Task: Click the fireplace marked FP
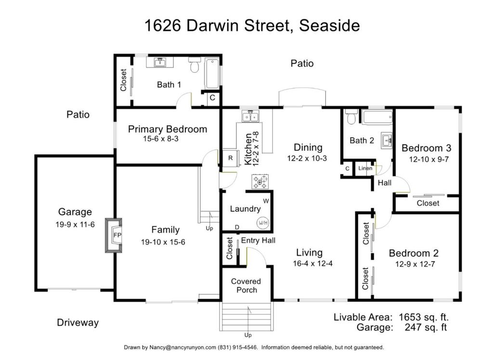[x=114, y=235]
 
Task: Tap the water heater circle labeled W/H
[x=263, y=223]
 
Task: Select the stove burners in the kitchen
[x=260, y=181]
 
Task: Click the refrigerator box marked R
[x=231, y=158]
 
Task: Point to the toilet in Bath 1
[x=195, y=65]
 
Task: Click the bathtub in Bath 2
[x=377, y=118]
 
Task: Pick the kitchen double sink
[x=250, y=117]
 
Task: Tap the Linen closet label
[x=365, y=168]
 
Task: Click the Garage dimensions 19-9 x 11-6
[x=75, y=225]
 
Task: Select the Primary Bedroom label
[x=168, y=129]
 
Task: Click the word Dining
[x=308, y=147]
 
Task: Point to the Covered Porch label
[x=246, y=286]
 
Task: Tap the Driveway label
[x=78, y=322]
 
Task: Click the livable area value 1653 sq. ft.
[x=424, y=317]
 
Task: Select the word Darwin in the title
[x=213, y=25]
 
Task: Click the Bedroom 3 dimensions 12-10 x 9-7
[x=429, y=159]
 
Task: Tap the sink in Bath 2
[x=387, y=140]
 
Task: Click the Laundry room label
[x=245, y=209]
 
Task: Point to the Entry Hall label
[x=258, y=241]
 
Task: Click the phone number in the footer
[x=237, y=347]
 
